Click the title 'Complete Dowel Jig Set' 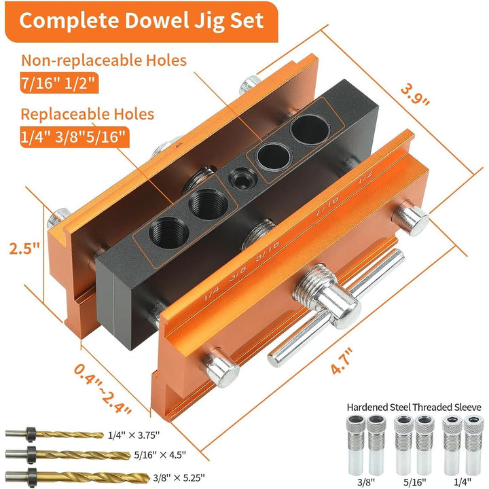tap(141, 20)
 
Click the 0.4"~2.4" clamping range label tap(101, 389)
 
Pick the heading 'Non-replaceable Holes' tap(103, 60)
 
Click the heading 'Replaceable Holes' tap(88, 113)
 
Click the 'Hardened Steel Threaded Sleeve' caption tap(414, 407)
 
